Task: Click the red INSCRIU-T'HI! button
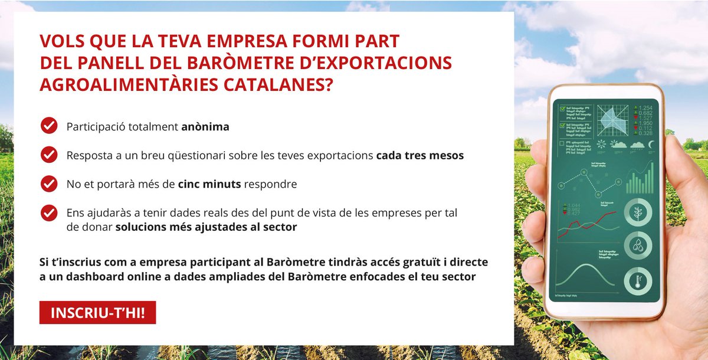tap(97, 313)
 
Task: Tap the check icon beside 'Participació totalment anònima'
tap(48, 125)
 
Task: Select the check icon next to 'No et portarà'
tap(48, 184)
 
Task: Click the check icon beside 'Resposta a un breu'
tap(48, 155)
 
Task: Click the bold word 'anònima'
tap(205, 126)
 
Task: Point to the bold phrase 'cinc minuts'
tap(209, 184)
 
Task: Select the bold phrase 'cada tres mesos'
tap(419, 156)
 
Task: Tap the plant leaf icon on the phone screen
tap(637, 213)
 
